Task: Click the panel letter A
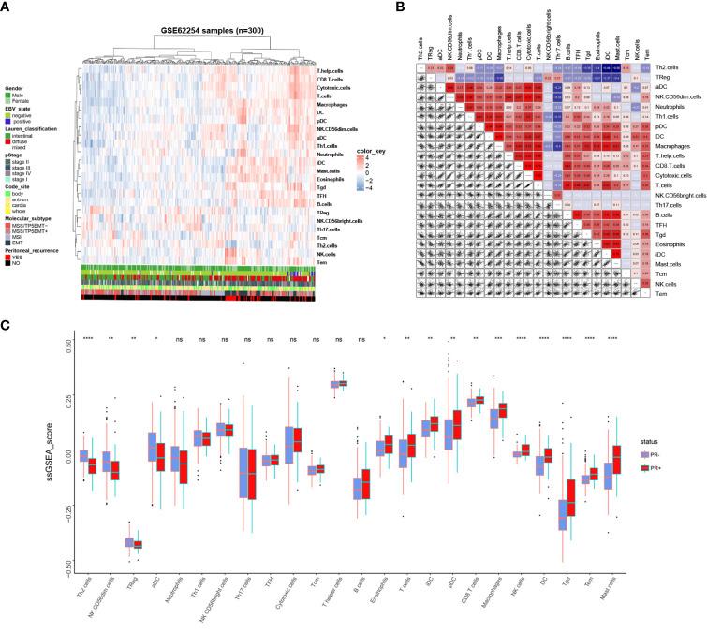(x=7, y=7)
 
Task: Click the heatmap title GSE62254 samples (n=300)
(x=184, y=21)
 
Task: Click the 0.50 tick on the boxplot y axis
(x=65, y=344)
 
